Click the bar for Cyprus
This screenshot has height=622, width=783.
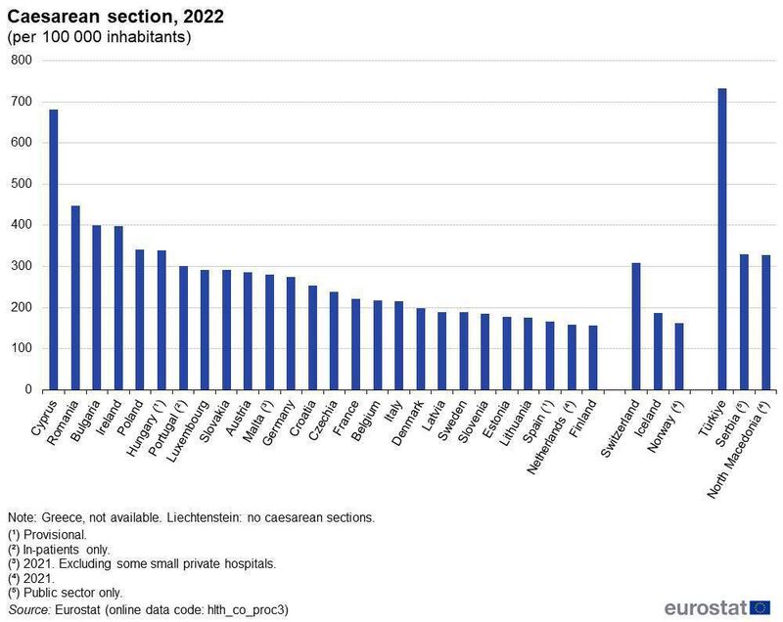(x=54, y=249)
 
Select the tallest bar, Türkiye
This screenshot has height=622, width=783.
(x=722, y=239)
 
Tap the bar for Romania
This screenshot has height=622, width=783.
(x=75, y=297)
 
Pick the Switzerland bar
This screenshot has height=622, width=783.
(x=636, y=326)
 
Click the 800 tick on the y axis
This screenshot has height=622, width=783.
(x=22, y=61)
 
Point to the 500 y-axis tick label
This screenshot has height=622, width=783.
(x=22, y=184)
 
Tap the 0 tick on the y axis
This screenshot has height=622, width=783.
(x=28, y=389)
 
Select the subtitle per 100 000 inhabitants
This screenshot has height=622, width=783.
(x=99, y=38)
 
